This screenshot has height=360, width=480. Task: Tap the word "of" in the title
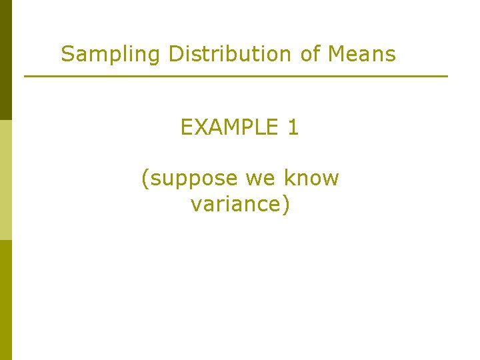(x=311, y=53)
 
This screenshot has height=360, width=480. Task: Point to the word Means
(x=362, y=53)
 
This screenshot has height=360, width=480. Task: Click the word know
(x=312, y=178)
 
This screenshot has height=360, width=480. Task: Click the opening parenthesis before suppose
(x=145, y=179)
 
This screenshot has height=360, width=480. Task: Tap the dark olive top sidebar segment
(x=6, y=60)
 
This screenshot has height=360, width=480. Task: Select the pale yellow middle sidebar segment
(x=6, y=180)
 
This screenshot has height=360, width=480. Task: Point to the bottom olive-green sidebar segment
(x=6, y=300)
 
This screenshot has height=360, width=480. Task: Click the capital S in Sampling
(x=67, y=53)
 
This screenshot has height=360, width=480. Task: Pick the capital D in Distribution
(x=175, y=53)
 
